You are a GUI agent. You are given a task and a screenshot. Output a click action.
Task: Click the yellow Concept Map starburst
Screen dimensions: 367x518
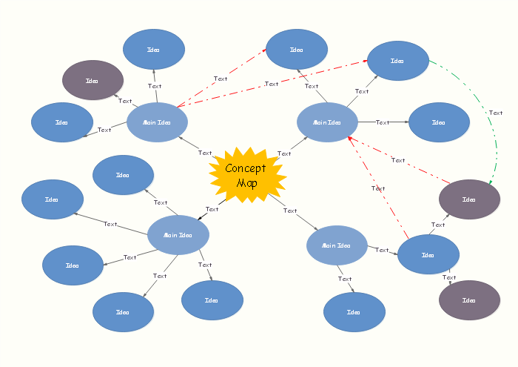(x=247, y=176)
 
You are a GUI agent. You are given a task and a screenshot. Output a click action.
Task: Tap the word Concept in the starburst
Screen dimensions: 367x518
(x=246, y=168)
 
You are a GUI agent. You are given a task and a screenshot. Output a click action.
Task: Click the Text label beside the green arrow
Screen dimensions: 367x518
(x=496, y=113)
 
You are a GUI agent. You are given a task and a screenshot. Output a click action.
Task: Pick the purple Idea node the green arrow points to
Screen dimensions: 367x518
(x=469, y=199)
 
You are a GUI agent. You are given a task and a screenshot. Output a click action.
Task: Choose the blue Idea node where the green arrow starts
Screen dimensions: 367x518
(x=398, y=61)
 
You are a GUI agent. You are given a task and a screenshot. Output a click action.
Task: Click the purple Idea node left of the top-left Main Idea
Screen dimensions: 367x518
(x=92, y=80)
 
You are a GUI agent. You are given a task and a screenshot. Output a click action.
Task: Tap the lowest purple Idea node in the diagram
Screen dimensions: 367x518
(x=469, y=300)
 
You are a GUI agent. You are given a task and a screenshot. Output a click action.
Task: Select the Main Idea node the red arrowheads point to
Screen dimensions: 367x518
(x=327, y=122)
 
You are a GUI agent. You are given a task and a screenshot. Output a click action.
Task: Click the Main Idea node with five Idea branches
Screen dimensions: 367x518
(x=178, y=235)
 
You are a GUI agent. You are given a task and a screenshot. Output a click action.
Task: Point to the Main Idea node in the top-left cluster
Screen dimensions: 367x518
(x=157, y=122)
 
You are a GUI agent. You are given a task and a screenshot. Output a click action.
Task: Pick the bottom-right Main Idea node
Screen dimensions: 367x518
(x=337, y=245)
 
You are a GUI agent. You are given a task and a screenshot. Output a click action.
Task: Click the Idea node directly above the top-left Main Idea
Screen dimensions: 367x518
(x=154, y=50)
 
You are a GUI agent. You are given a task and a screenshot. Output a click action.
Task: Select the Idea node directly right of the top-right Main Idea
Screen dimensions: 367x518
(x=439, y=122)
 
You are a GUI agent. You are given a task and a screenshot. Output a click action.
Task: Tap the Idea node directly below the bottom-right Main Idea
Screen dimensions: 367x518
(x=354, y=312)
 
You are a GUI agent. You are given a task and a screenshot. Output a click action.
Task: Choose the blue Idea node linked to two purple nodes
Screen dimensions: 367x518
(x=428, y=254)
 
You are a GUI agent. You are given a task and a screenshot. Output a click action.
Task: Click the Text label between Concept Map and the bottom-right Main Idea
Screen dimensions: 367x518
(x=290, y=211)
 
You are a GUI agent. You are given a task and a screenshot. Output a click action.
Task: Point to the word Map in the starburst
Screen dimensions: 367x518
(x=246, y=183)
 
